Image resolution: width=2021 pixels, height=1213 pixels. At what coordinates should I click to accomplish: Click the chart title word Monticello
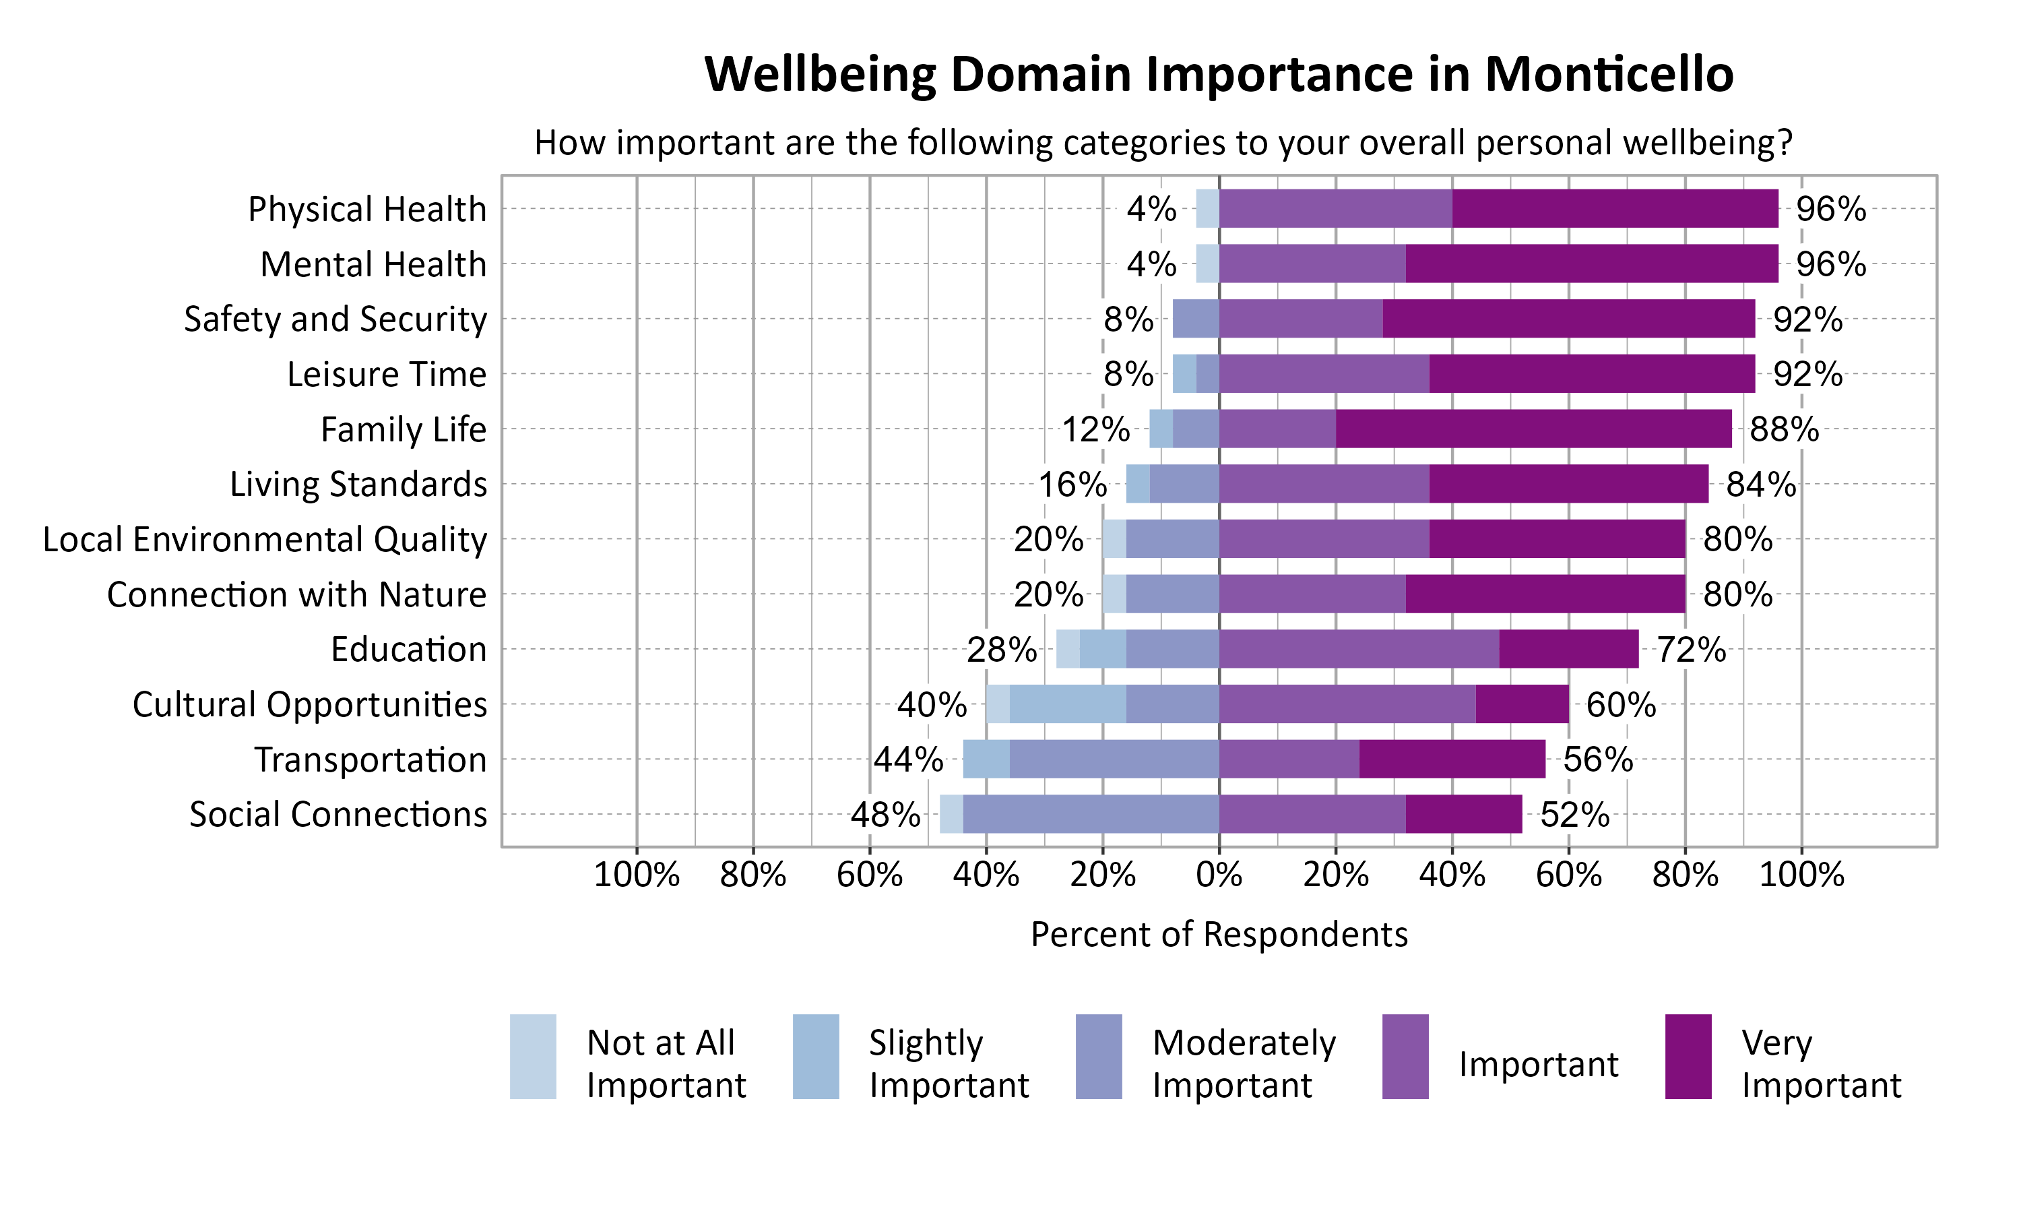pos(1609,74)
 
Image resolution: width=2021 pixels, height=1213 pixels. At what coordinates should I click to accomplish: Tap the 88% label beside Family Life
pos(1783,429)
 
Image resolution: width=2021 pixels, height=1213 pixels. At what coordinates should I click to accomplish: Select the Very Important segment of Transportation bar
pos(1452,759)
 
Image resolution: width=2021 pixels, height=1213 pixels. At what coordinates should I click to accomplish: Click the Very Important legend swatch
pos(1688,1056)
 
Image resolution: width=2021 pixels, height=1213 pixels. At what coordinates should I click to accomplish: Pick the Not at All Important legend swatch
pos(533,1056)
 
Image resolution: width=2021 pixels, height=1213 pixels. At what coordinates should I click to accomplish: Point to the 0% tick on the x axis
pos(1219,875)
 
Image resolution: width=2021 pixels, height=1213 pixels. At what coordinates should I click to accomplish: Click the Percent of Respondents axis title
pos(1219,934)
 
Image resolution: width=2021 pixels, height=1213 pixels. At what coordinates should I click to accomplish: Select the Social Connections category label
pos(338,815)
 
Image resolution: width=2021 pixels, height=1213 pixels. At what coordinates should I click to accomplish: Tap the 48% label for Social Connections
pos(885,815)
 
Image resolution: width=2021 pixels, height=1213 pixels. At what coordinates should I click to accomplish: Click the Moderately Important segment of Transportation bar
pos(1114,759)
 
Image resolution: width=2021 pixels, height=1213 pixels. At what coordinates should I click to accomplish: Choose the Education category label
pos(408,650)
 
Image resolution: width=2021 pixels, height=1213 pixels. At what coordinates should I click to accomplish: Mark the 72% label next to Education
pos(1690,650)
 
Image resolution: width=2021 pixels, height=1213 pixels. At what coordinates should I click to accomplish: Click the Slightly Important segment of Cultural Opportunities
pos(1067,704)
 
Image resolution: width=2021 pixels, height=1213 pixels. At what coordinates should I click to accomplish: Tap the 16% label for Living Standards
pos(1072,485)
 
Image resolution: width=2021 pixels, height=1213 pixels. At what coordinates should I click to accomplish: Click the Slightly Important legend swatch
pos(815,1056)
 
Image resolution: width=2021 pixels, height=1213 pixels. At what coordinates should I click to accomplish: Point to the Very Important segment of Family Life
pos(1533,429)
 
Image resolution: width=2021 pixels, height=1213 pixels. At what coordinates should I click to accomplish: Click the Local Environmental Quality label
pos(265,540)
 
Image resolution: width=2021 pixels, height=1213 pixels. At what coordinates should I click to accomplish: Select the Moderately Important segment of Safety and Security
pos(1195,319)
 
